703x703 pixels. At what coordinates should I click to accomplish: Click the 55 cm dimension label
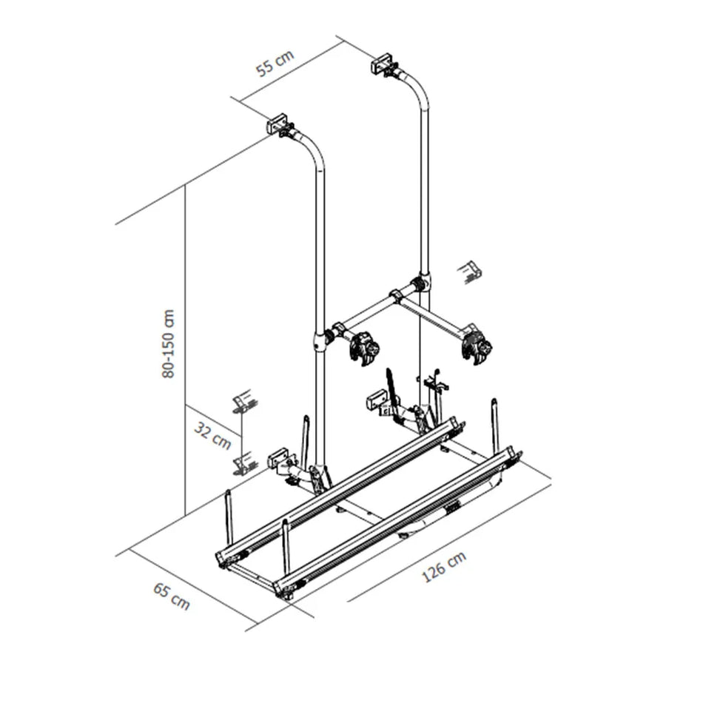point(275,64)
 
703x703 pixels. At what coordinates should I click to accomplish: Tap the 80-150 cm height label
point(169,344)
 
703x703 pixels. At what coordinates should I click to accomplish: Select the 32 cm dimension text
point(213,435)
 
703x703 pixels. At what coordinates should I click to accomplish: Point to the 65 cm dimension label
point(171,596)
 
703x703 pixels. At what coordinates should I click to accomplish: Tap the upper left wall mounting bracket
point(278,124)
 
